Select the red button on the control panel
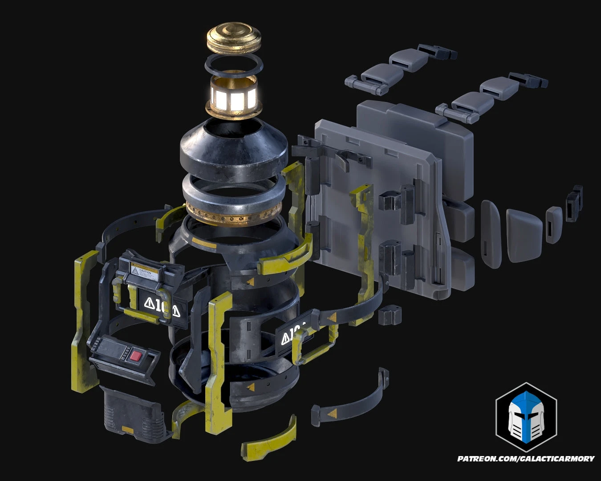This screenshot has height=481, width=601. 136,356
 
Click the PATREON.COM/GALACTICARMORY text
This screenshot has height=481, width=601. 525,458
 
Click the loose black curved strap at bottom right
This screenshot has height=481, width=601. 352,403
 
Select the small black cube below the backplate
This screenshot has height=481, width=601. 387,314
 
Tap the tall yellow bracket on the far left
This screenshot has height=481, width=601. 82,321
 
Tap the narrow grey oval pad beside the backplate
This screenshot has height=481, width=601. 491,234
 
